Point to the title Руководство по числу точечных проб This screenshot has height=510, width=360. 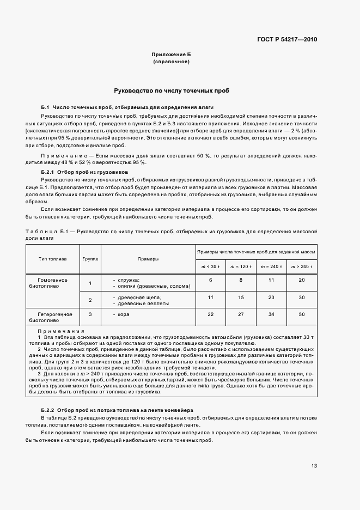pos(171,90)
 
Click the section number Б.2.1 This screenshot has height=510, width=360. pos(48,172)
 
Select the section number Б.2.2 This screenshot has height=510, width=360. pos(48,409)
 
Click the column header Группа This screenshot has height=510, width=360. pos(90,259)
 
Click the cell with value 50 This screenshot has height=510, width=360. pos(302,314)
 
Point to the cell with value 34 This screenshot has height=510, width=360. pos(271,314)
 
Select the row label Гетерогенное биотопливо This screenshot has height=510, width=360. pos(53,318)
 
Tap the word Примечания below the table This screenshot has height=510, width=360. pos(60,331)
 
